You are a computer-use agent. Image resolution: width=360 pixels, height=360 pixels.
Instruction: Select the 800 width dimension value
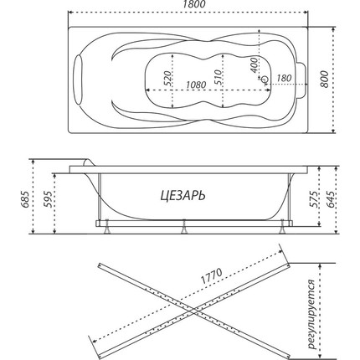(326, 82)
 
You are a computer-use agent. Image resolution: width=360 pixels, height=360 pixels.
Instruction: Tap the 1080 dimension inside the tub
(196, 85)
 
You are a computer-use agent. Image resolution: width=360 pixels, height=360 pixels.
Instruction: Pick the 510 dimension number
(219, 79)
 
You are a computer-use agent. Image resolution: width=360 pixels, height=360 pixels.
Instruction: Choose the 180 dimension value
(283, 78)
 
